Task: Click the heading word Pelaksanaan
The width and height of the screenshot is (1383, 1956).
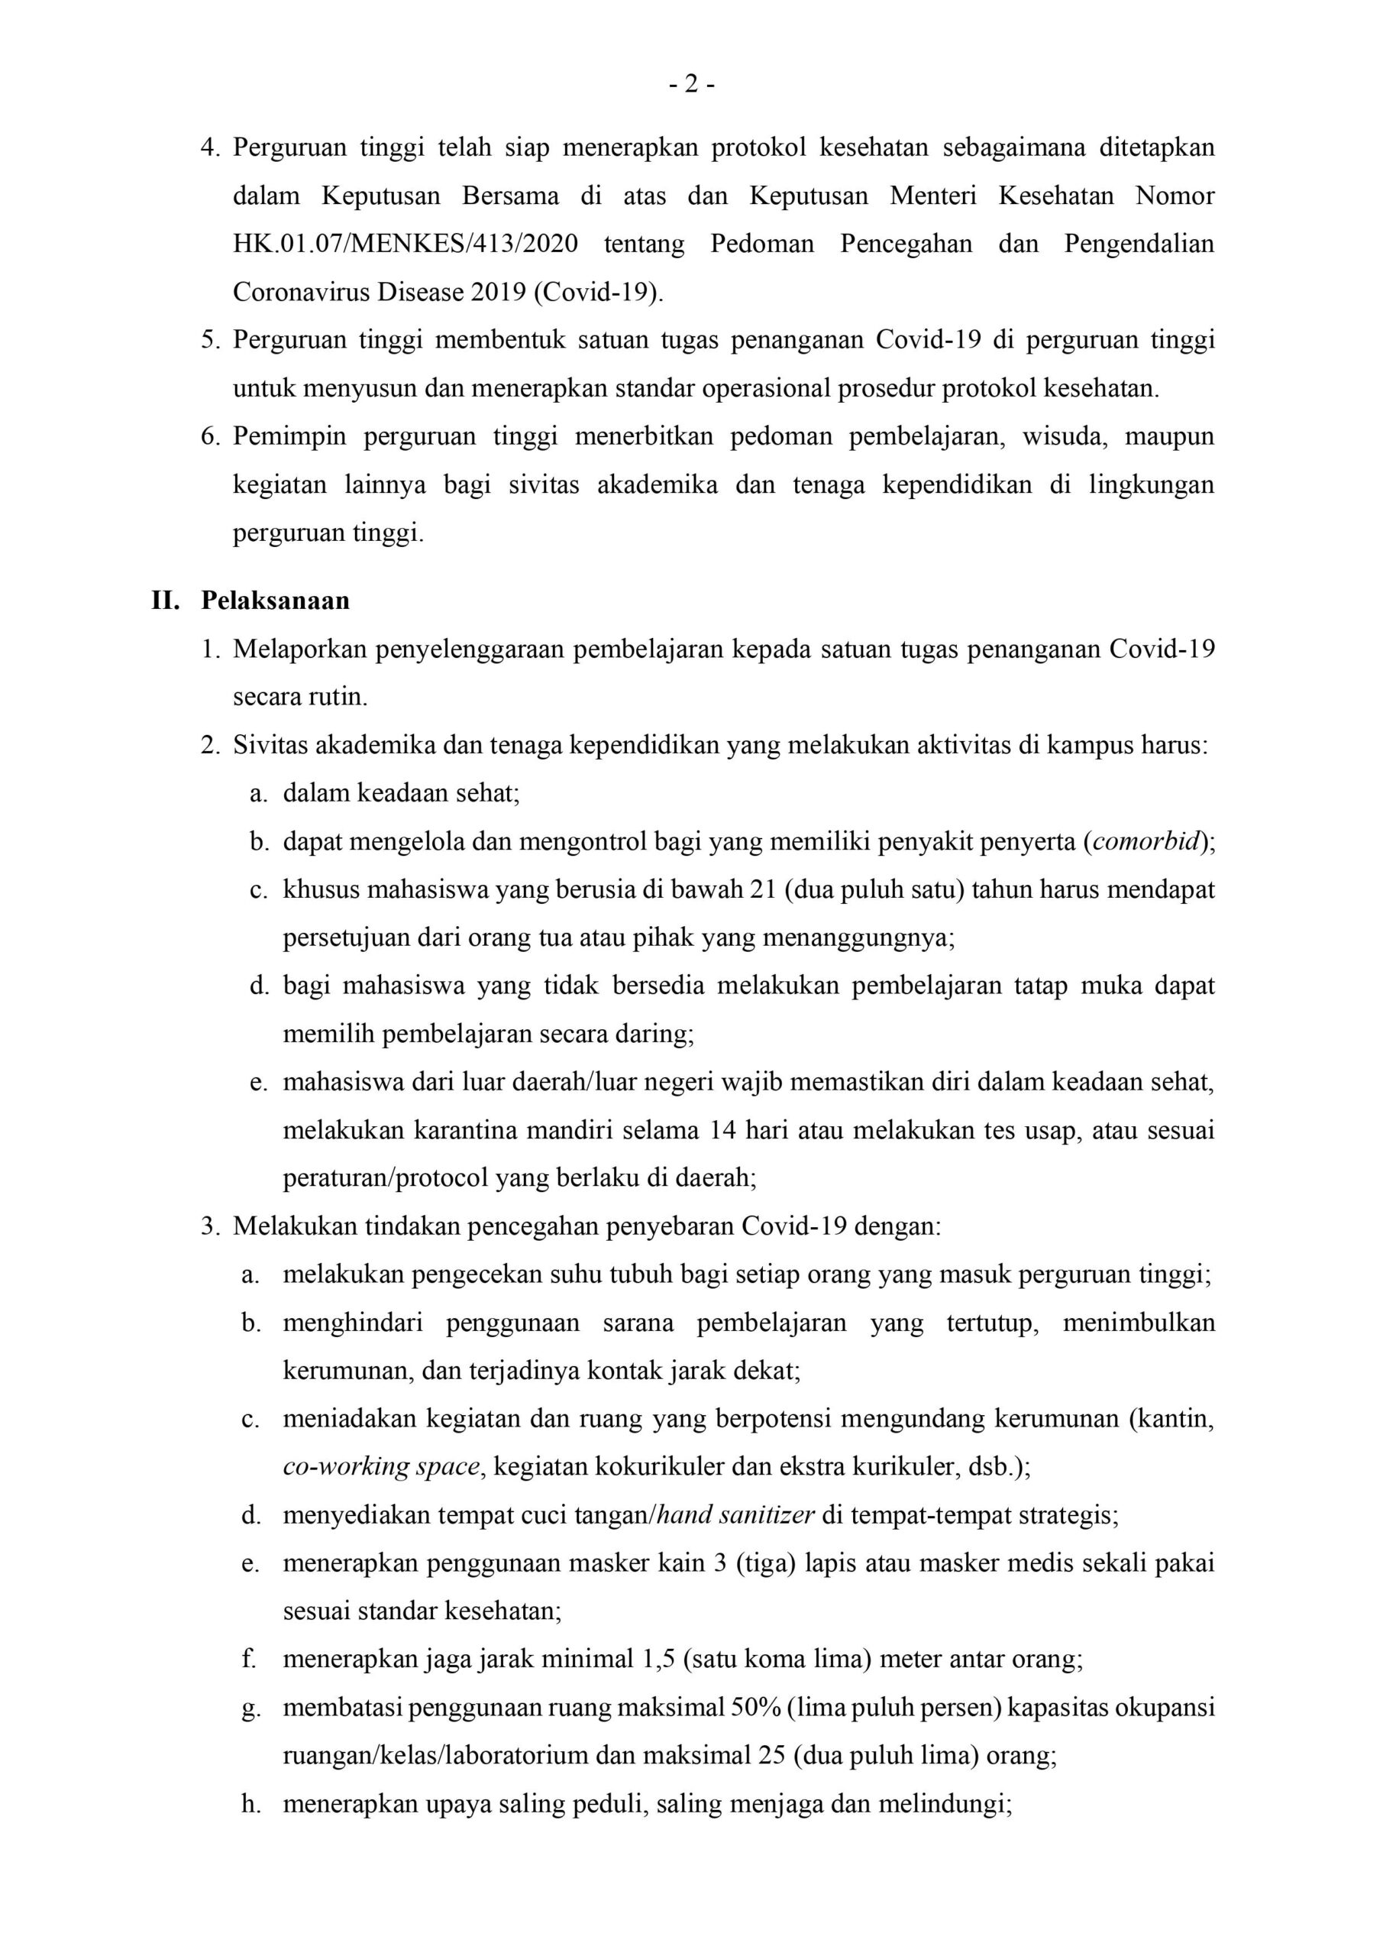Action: [275, 601]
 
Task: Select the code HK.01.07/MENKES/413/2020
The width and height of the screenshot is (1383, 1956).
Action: [406, 244]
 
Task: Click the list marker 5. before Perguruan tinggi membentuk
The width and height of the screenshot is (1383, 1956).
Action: [210, 340]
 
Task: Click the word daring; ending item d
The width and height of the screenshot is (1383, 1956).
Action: [656, 1035]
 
